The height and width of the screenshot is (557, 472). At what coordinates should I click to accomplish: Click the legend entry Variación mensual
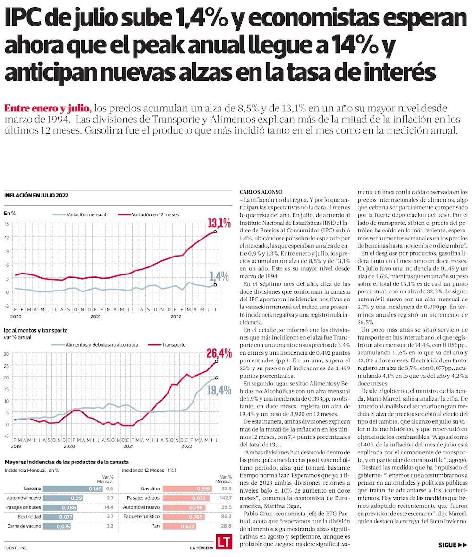point(86,214)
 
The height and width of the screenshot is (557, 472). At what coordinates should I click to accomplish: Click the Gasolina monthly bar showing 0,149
point(73,488)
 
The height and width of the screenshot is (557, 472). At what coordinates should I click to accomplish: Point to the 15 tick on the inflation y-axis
point(7,224)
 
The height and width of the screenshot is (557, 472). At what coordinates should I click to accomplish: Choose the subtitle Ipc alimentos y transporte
point(35,330)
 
